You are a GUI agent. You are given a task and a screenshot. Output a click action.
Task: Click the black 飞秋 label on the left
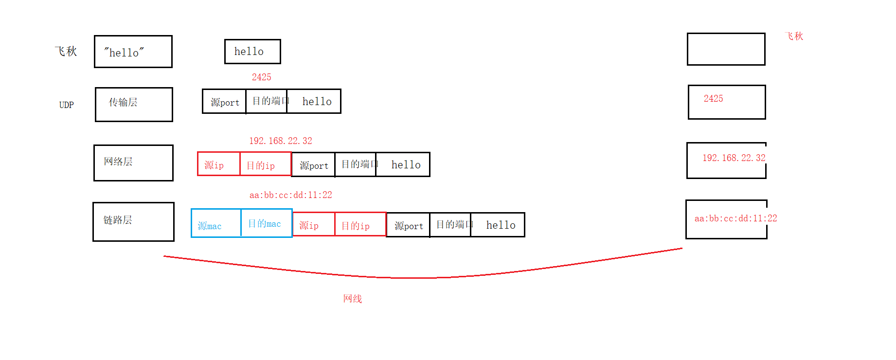coord(66,52)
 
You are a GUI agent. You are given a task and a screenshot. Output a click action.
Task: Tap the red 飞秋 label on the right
coord(794,36)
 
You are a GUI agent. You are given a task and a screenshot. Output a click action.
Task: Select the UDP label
coord(67,105)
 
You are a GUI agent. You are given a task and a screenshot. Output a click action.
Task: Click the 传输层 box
coord(134,105)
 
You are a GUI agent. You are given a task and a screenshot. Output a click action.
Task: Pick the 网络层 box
coord(133,163)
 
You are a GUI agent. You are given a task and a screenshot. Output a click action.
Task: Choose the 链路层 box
coord(133,222)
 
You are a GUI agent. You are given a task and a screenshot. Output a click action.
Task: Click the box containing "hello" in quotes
coord(133,52)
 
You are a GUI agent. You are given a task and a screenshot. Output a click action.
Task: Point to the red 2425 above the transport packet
coord(261,77)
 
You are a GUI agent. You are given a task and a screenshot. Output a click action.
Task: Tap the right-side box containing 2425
coord(727,102)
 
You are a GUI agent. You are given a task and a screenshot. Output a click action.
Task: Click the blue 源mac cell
coord(216,223)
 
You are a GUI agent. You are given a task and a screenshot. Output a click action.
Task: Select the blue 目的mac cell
coord(267,223)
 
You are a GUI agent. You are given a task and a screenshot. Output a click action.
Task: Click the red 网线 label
coord(353,299)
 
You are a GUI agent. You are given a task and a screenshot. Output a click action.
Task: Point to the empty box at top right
coord(726,49)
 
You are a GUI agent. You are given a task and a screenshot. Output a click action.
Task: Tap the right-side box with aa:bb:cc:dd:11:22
coord(726,219)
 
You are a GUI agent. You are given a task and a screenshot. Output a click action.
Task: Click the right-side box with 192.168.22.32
coord(726,161)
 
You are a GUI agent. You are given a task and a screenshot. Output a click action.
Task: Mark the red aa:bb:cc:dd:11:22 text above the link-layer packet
coord(291,195)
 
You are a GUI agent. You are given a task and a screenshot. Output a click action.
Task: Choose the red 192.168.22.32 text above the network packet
coord(281,141)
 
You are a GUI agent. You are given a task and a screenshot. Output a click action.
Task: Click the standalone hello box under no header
coord(252,52)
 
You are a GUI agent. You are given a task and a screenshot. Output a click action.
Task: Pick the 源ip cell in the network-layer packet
coord(218,164)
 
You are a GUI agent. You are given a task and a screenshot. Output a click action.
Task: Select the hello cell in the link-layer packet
coord(498,225)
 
